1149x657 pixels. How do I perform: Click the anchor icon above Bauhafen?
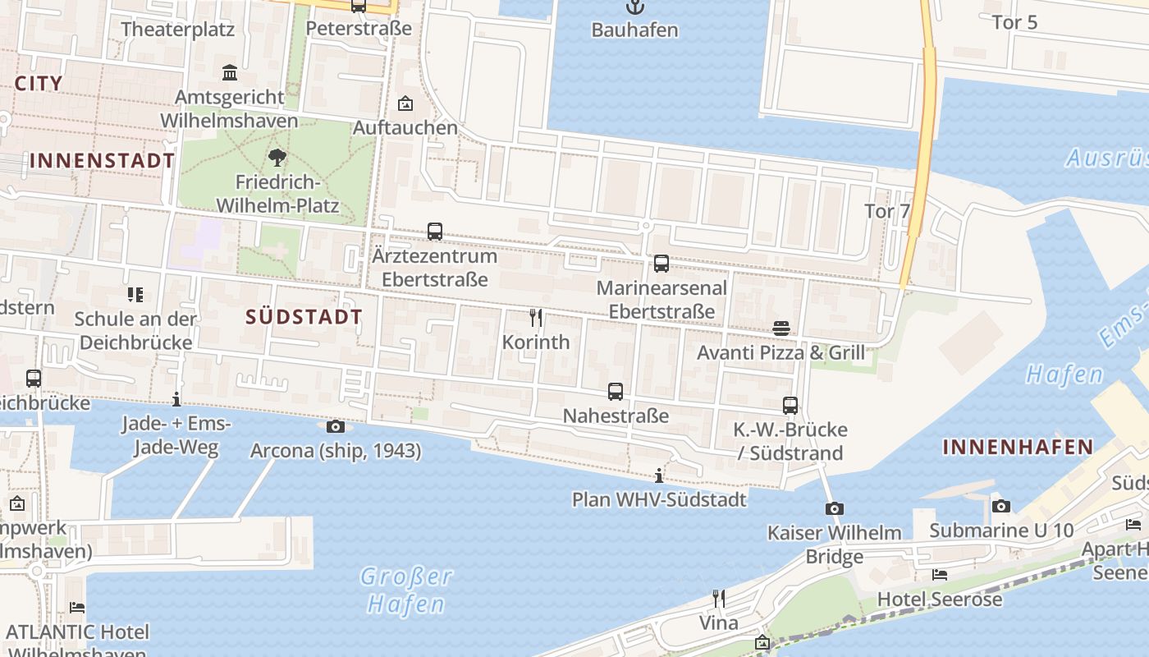click(634, 7)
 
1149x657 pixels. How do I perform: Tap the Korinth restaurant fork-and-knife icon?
click(536, 318)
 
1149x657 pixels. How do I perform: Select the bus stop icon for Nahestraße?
click(616, 392)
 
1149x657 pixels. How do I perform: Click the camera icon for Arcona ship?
click(336, 426)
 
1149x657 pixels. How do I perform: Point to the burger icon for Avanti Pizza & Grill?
click(781, 328)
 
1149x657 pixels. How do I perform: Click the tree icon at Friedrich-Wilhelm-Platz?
click(277, 157)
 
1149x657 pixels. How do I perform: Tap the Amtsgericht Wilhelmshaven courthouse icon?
click(230, 73)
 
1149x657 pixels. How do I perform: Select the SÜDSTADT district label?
click(304, 317)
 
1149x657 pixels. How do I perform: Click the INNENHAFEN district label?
click(1018, 447)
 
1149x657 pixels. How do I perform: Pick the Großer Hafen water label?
click(406, 590)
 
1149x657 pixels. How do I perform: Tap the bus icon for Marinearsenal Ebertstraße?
click(661, 264)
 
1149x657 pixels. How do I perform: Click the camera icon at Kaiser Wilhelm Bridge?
click(835, 509)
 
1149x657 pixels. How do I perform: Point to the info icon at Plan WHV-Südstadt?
click(659, 476)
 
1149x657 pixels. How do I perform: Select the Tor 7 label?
click(887, 211)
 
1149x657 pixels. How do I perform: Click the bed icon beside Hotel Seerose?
click(940, 575)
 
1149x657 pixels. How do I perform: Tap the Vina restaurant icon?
click(719, 598)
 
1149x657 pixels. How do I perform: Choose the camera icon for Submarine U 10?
click(1001, 506)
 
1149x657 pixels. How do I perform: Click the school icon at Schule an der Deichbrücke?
click(135, 294)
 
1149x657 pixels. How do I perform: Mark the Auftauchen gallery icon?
click(405, 103)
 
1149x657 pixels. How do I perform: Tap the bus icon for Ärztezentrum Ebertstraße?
click(435, 232)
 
